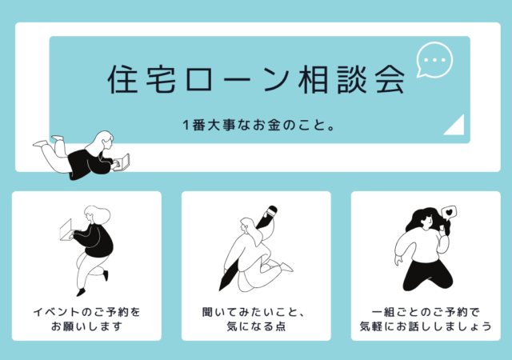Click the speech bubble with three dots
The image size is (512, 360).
point(434,60)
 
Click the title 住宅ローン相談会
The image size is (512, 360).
point(256,79)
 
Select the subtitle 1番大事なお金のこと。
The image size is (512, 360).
point(258,125)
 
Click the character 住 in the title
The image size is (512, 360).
point(122,79)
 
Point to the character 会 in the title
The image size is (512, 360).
point(390,79)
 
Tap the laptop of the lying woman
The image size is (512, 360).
point(122,162)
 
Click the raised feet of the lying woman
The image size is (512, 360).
point(49,141)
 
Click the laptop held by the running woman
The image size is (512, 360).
point(66,230)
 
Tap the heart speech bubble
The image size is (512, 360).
point(449,212)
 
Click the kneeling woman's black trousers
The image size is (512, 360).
point(428,275)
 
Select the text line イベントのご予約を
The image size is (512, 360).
point(86,312)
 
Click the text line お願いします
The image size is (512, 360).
point(86,326)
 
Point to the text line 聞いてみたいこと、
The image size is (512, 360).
point(254,312)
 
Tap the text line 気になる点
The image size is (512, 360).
point(256,326)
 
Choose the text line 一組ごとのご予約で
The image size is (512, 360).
point(426,312)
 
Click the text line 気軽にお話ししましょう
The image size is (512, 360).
point(426,326)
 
